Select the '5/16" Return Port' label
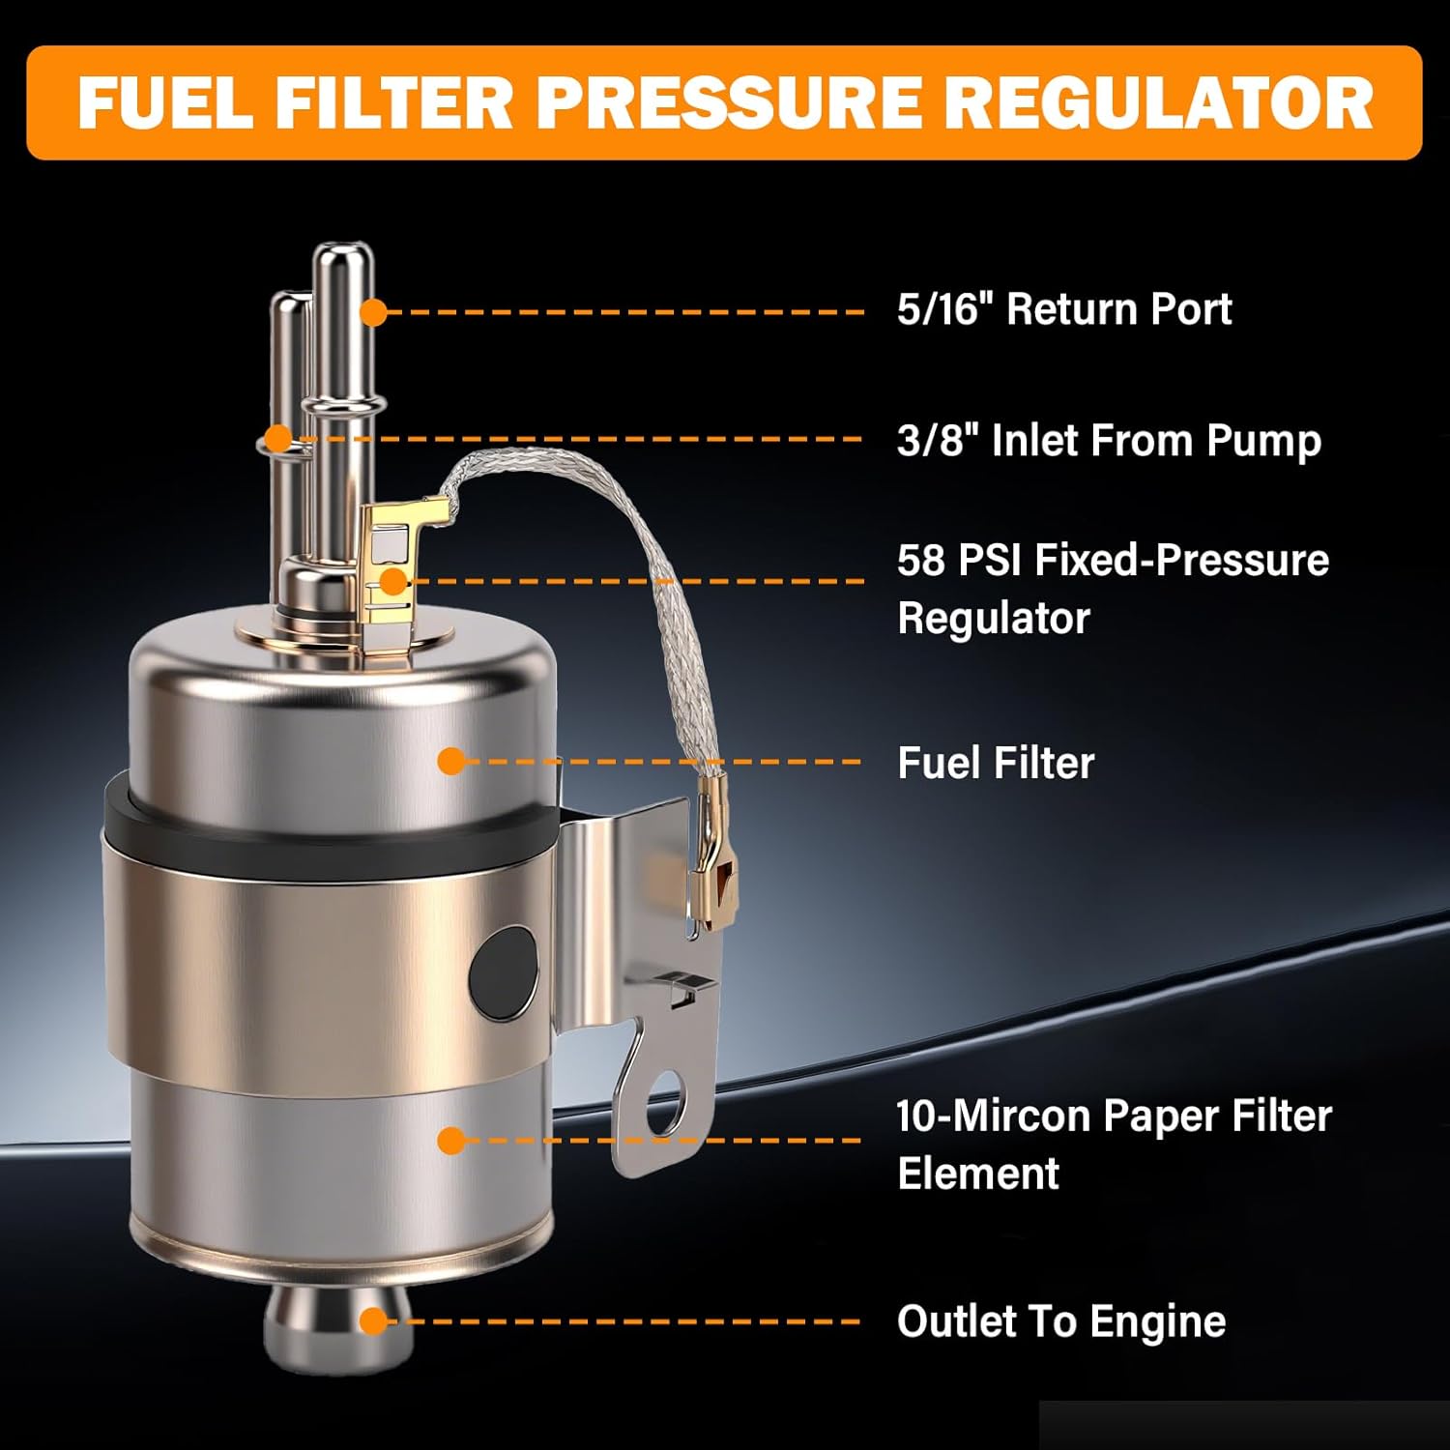point(1064,309)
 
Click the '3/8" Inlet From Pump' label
point(1109,441)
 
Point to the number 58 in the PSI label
point(922,561)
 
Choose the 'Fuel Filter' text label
point(996,763)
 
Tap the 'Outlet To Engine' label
point(1061,1321)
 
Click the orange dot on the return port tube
point(372,312)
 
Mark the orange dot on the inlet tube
point(278,439)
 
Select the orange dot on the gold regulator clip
point(393,582)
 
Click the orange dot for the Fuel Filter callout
point(450,761)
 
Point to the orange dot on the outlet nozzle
point(373,1321)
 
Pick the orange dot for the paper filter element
point(450,1141)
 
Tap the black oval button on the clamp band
point(503,974)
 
